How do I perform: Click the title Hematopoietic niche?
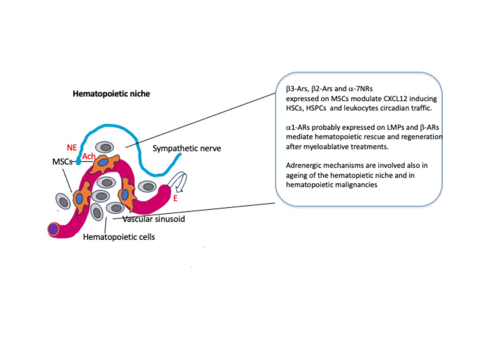click(111, 94)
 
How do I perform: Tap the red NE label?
click(72, 148)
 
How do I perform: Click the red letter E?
click(175, 198)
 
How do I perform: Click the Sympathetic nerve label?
click(187, 149)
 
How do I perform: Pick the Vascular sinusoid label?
click(154, 219)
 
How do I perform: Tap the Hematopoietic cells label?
click(119, 237)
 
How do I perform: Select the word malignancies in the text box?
click(356, 185)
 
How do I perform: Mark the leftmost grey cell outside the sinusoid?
click(63, 201)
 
